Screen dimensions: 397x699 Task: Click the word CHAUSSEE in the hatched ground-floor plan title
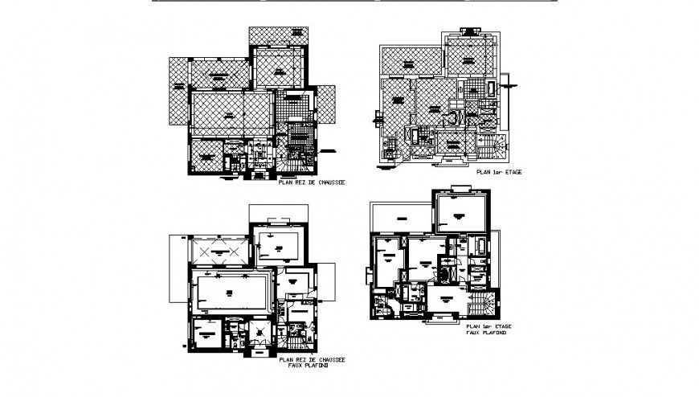(x=329, y=182)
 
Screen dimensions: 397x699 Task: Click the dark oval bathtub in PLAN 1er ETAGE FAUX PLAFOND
(x=444, y=274)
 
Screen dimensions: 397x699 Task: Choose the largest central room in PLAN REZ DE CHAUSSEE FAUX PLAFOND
(x=231, y=293)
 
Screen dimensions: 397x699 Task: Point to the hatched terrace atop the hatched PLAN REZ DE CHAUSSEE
(x=278, y=36)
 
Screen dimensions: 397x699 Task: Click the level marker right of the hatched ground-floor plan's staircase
(x=328, y=151)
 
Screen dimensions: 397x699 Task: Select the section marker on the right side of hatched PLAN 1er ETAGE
(x=509, y=80)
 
